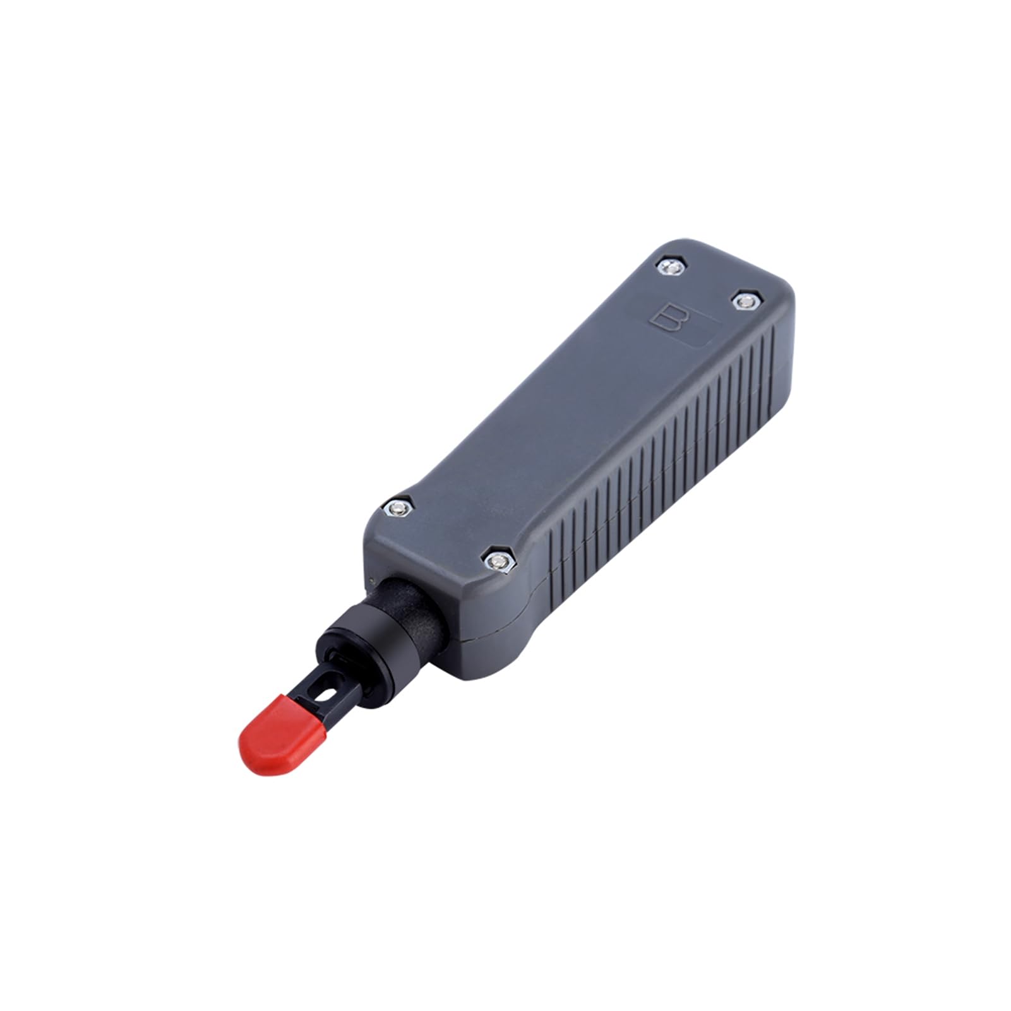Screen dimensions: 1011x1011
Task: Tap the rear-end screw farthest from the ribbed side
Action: click(670, 266)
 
